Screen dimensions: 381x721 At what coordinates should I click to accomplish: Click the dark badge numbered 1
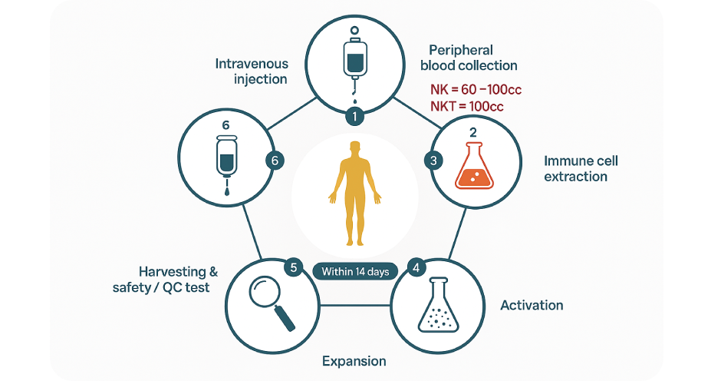tap(354, 117)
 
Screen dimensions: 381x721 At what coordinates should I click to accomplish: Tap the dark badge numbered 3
tap(433, 161)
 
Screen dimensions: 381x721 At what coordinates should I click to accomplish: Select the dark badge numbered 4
tap(416, 268)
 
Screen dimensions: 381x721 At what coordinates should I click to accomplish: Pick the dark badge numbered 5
tap(292, 267)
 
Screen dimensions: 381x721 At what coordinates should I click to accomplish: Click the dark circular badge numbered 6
tap(274, 161)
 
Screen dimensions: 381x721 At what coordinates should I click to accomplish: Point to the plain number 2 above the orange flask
tap(473, 132)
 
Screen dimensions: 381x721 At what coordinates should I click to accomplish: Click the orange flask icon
tap(473, 168)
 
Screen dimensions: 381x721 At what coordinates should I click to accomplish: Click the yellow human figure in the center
tap(353, 193)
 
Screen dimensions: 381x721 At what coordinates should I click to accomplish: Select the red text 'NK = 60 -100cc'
tap(476, 90)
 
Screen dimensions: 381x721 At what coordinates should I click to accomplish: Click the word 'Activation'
tap(532, 305)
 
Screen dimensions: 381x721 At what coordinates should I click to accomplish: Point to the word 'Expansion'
tap(354, 361)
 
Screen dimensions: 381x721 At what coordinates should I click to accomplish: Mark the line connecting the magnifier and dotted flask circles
tap(354, 306)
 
